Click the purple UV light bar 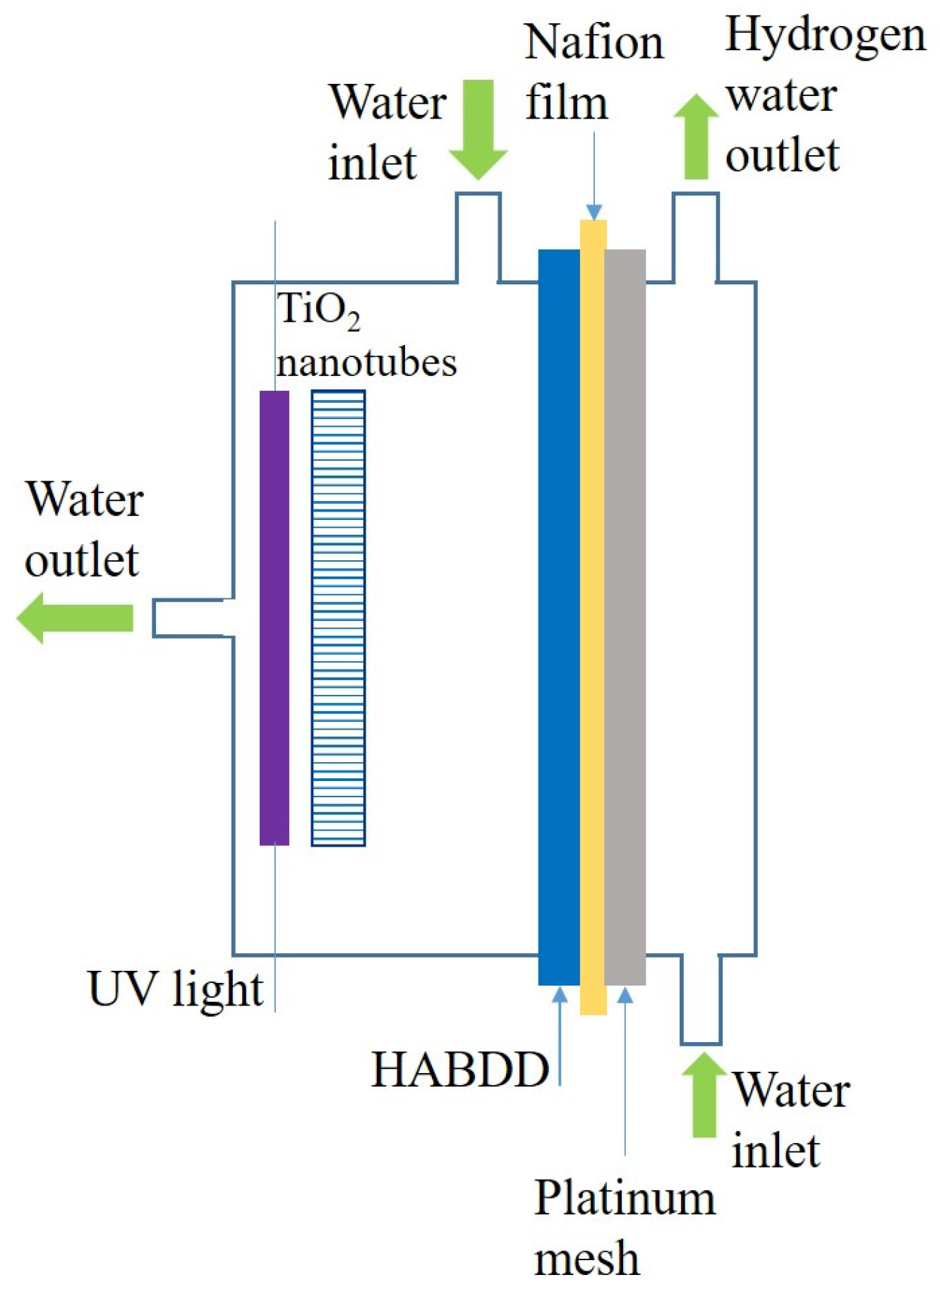click(274, 617)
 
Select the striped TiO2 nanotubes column click(338, 617)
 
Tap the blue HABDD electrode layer click(558, 617)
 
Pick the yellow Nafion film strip click(593, 617)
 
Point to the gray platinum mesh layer click(625, 617)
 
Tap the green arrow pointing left click(74, 617)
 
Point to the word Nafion click(594, 42)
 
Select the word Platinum click(625, 1198)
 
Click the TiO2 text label click(318, 310)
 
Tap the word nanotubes click(366, 362)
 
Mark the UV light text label click(175, 989)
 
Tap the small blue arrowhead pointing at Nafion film click(593, 212)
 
